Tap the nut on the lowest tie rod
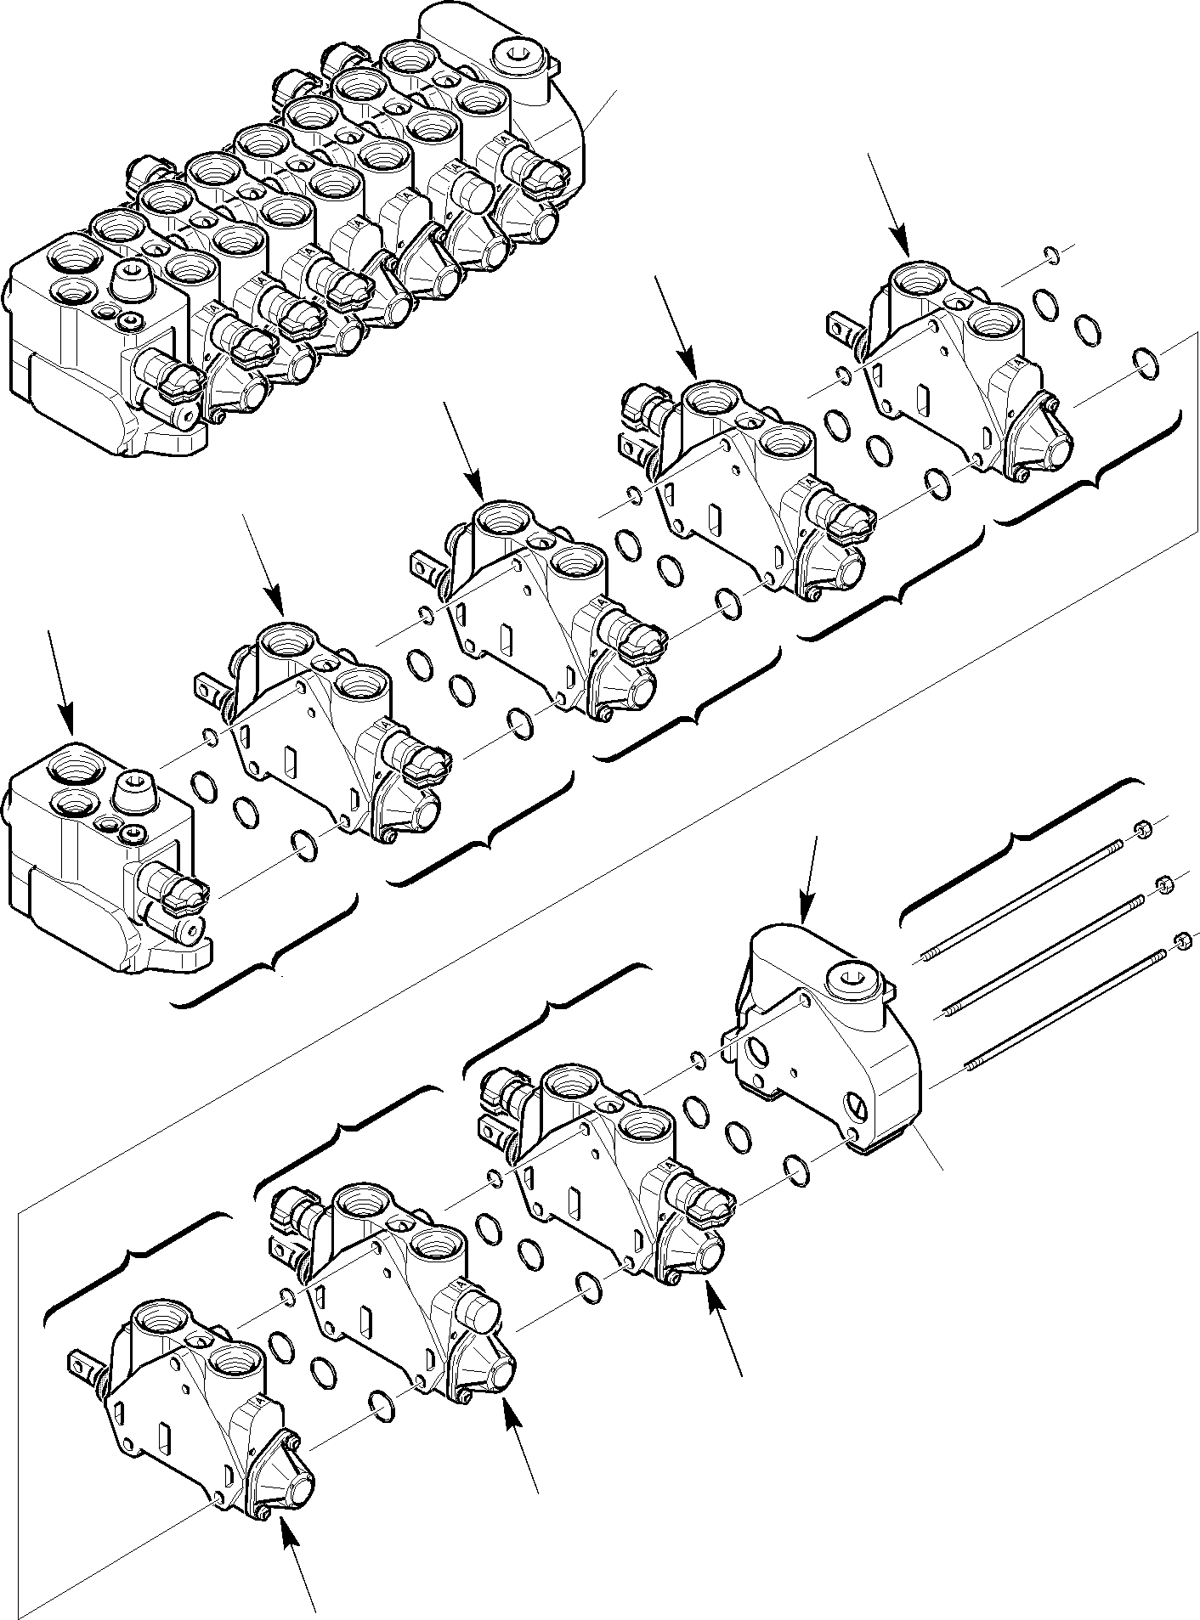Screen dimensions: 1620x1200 (x=1181, y=940)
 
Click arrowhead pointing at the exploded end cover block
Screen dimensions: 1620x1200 (x=803, y=917)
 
